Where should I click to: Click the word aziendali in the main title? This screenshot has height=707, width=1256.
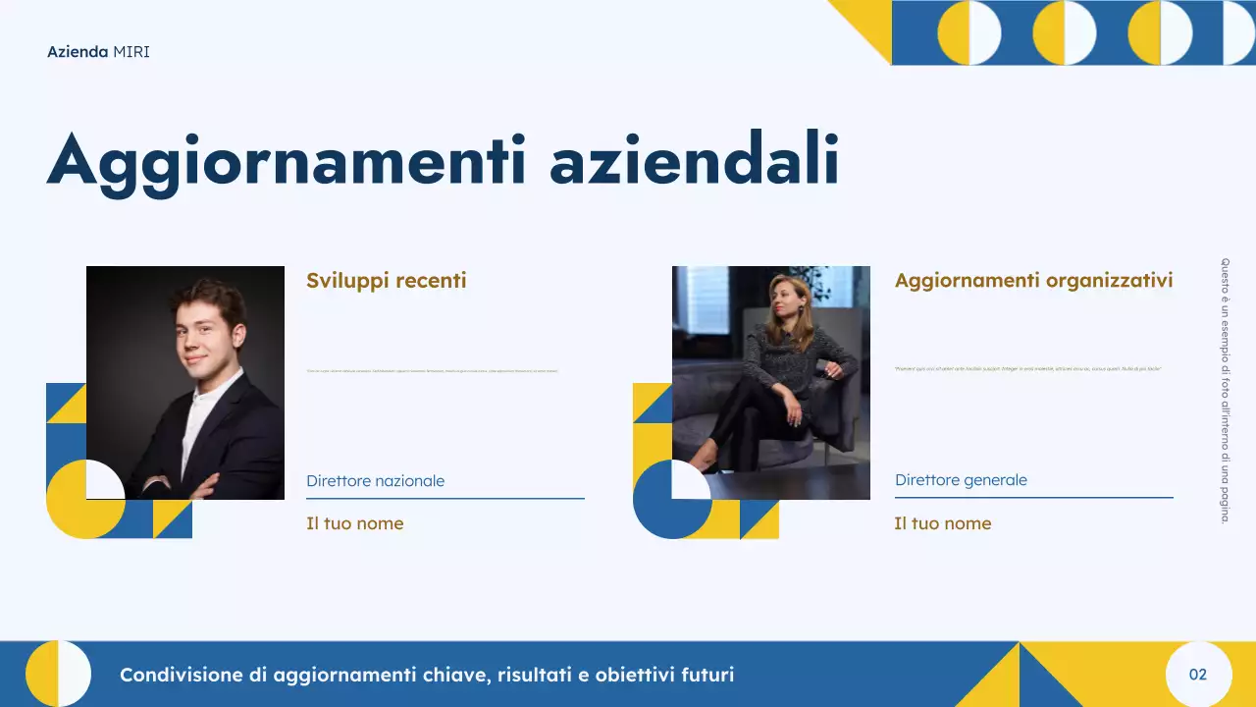694,160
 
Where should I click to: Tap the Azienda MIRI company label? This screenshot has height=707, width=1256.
98,51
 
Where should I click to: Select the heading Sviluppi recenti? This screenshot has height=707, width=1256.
386,281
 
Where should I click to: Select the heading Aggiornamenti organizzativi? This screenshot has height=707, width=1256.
1033,281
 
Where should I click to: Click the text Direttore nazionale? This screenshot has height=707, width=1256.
375,481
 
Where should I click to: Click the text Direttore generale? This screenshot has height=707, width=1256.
961,480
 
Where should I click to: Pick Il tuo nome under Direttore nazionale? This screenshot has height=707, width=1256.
354,523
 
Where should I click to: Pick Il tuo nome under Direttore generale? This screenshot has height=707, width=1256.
942,523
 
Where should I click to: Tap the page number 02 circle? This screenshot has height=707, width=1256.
1197,675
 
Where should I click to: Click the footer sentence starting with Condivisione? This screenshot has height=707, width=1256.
426,675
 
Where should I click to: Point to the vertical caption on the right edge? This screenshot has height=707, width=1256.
1225,390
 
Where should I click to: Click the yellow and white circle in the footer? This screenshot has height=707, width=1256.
58,674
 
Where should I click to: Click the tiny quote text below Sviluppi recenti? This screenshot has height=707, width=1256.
432,371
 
